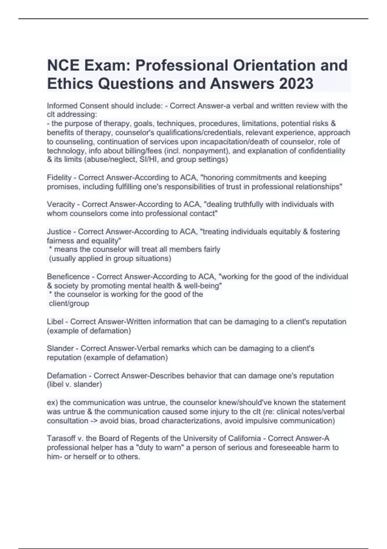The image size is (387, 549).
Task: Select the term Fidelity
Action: point(59,178)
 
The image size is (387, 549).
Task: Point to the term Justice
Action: point(59,232)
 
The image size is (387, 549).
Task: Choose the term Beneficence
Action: point(68,277)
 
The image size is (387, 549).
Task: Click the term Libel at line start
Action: point(55,322)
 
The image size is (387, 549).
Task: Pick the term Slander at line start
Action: point(60,348)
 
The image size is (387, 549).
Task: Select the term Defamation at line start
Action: point(67,376)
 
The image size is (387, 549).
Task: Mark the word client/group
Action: point(69,304)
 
